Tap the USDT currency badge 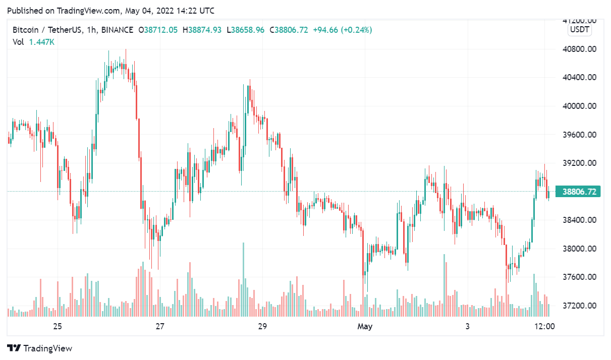coord(579,30)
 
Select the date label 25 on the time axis coord(58,326)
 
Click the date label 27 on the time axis coord(160,326)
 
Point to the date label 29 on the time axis coord(262,326)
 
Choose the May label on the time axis coord(365,326)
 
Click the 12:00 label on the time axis coord(544,326)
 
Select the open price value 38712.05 coord(160,30)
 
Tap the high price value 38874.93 coord(204,30)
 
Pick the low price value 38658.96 coord(248,30)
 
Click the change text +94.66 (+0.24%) coord(342,30)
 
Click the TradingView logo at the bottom coord(40,348)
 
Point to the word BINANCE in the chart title coord(117,30)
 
